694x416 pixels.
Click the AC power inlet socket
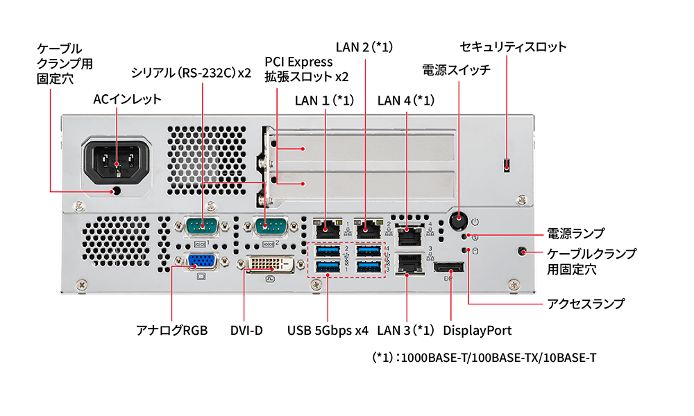[116, 161]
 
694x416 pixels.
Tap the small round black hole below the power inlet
[117, 191]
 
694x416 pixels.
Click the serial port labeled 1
[203, 225]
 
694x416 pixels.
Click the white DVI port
[272, 265]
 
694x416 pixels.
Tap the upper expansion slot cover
[360, 148]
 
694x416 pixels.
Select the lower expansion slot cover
[360, 183]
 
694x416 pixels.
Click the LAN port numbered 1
[327, 227]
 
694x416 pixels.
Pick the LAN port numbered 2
[366, 227]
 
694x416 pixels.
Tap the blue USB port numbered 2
[327, 250]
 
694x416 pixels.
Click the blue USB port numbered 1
[327, 267]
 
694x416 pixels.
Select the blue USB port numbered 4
[366, 250]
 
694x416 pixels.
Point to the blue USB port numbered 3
[366, 267]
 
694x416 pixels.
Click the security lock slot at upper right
[509, 164]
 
